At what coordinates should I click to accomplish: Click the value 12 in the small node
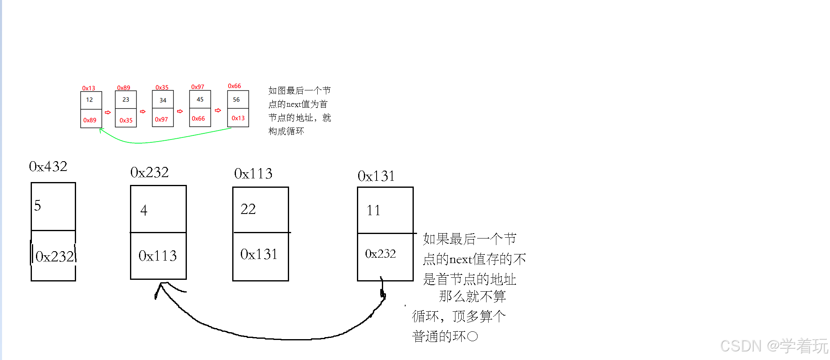(x=90, y=100)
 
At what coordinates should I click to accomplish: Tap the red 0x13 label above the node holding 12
(x=88, y=88)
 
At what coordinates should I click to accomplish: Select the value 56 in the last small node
(x=236, y=99)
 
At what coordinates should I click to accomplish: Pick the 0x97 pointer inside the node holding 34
(x=162, y=119)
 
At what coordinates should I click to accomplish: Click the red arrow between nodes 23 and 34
(x=143, y=111)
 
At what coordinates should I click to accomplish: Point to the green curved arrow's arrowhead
(x=101, y=130)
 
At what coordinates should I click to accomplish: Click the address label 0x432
(x=48, y=166)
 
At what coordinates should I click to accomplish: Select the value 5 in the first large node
(x=38, y=205)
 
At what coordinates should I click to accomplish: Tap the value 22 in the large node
(x=248, y=209)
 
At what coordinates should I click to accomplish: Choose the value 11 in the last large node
(x=373, y=210)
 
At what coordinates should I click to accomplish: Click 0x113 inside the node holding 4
(x=157, y=256)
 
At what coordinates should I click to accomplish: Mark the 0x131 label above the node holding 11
(x=376, y=176)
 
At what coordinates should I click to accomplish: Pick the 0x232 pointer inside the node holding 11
(x=380, y=254)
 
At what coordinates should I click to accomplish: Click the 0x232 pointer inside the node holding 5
(x=54, y=256)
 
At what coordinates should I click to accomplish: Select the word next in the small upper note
(x=293, y=104)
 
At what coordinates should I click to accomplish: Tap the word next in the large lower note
(x=461, y=259)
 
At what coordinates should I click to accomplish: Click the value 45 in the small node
(x=200, y=99)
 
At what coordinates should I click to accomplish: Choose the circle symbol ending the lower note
(x=472, y=337)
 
